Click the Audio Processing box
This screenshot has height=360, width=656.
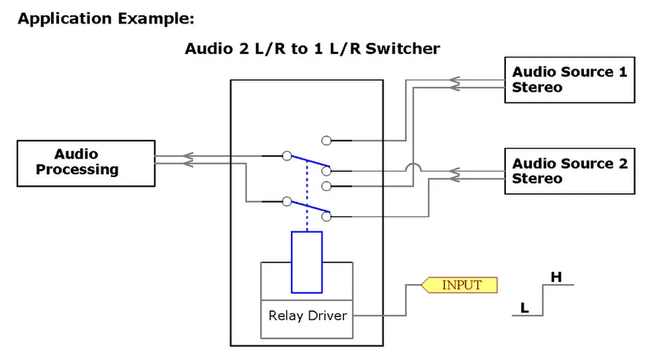pyautogui.click(x=86, y=163)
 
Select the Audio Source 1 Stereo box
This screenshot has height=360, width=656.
pyautogui.click(x=569, y=80)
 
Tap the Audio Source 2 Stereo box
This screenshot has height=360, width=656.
pyautogui.click(x=569, y=171)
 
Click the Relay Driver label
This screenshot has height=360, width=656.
pyautogui.click(x=307, y=315)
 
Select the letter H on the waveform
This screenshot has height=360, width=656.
pyautogui.click(x=556, y=277)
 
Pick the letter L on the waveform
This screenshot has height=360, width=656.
pyautogui.click(x=524, y=307)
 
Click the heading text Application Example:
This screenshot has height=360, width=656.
pyautogui.click(x=106, y=18)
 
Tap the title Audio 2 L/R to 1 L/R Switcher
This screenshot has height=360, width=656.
pyautogui.click(x=312, y=49)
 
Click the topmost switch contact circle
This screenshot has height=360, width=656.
pyautogui.click(x=326, y=140)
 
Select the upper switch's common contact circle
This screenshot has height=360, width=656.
pyautogui.click(x=286, y=156)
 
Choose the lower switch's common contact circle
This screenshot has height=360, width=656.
pyautogui.click(x=286, y=202)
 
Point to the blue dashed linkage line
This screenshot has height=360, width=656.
pyautogui.click(x=306, y=197)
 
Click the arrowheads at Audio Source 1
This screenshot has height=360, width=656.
pyautogui.click(x=454, y=83)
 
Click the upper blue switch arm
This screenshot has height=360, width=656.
pyautogui.click(x=308, y=162)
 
